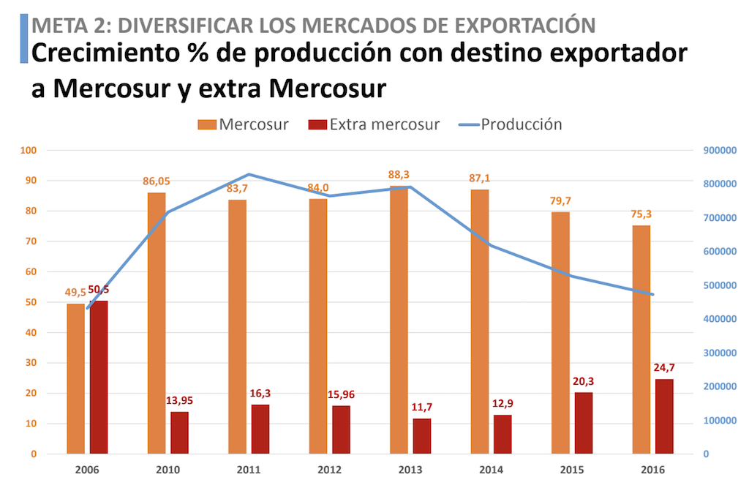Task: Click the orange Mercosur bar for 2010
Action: [x=157, y=323]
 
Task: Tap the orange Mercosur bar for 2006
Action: [x=76, y=378]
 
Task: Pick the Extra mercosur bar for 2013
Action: [x=422, y=436]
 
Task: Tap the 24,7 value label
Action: [x=664, y=367]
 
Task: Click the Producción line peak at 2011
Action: [x=249, y=174]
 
